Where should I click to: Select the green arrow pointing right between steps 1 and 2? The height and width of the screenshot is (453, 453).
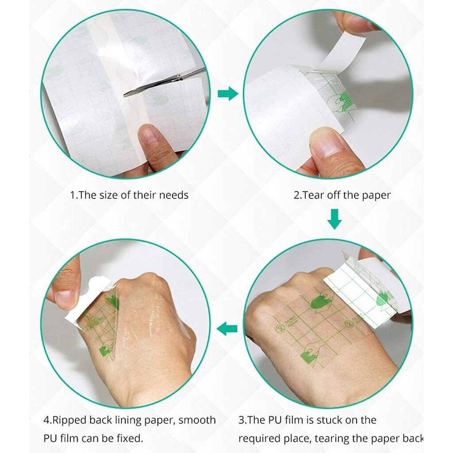228,94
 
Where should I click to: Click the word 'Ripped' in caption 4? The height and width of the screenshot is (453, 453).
71,420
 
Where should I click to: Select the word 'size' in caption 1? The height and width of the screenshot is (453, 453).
108,195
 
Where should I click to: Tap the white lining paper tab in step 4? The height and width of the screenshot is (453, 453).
88,300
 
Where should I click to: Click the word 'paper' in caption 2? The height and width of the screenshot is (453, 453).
376,195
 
